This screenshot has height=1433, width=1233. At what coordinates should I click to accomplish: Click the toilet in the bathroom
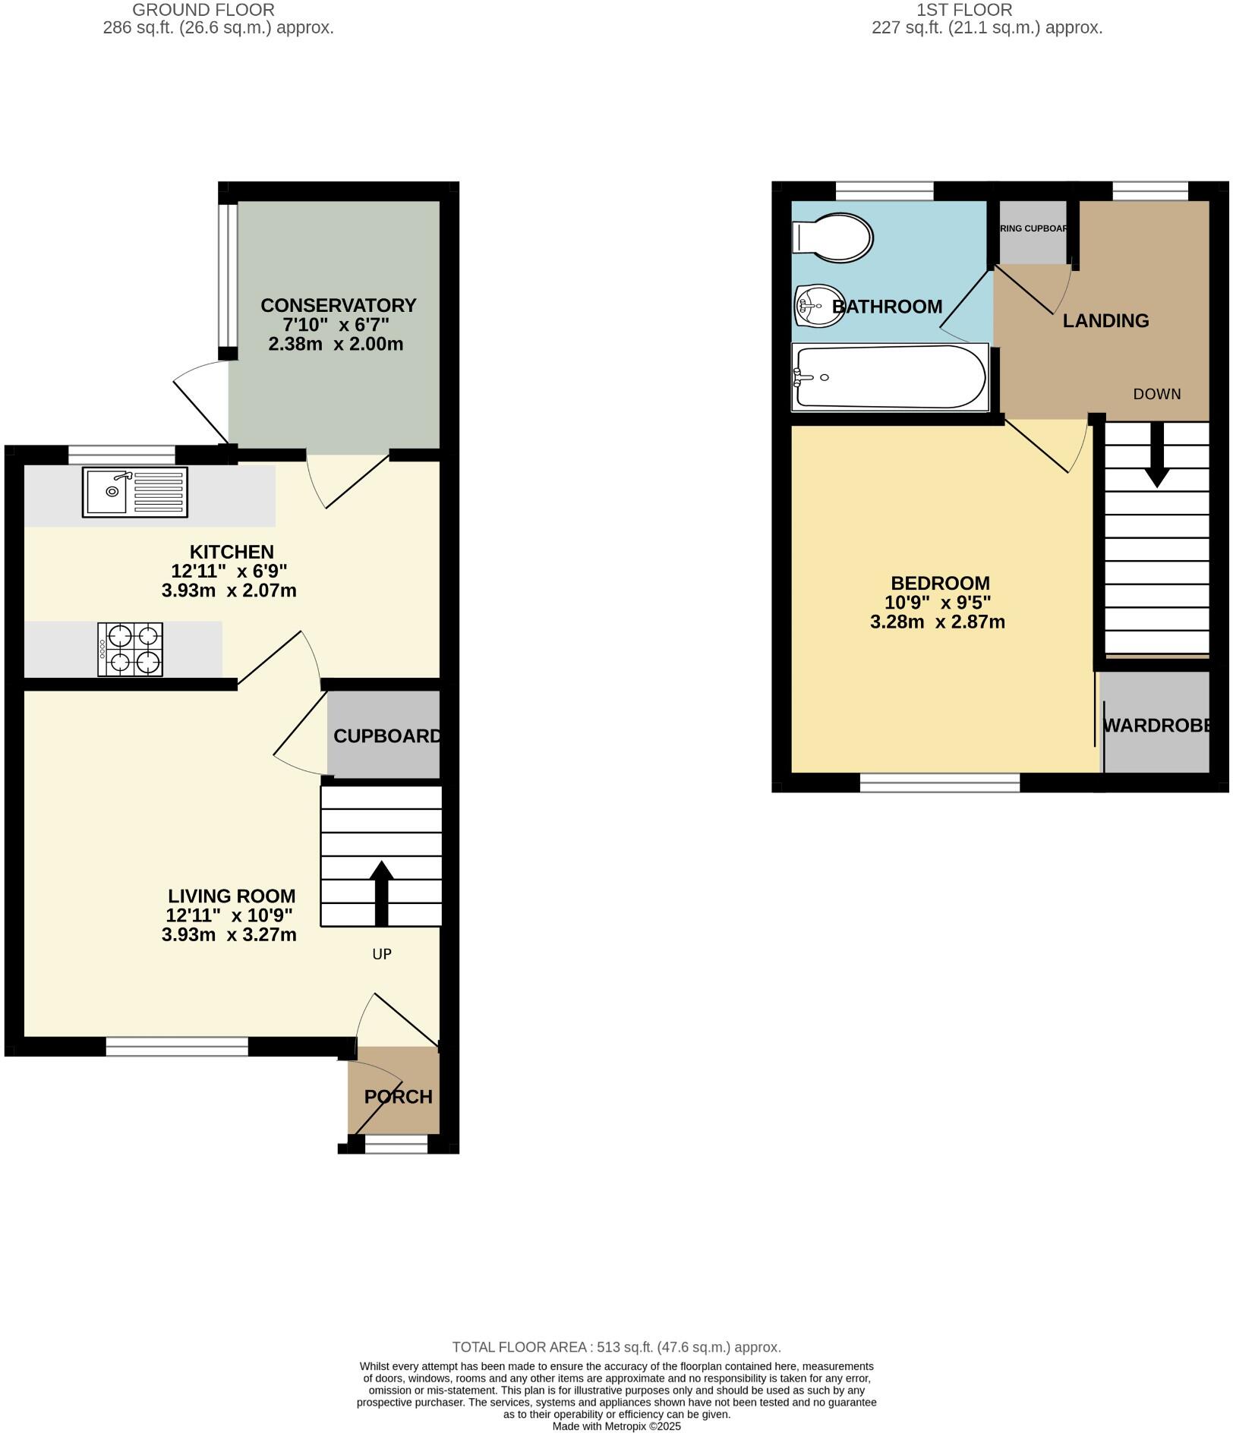[832, 238]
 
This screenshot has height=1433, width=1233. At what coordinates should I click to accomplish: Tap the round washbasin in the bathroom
[819, 306]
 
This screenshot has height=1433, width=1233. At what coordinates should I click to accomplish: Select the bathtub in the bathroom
[890, 377]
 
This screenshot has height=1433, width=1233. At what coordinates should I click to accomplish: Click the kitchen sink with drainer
[135, 493]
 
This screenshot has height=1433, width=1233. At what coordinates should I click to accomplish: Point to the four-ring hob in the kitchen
[131, 650]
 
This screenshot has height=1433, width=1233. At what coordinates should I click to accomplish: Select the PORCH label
[398, 1097]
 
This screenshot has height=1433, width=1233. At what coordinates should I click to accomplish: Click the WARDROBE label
[1156, 726]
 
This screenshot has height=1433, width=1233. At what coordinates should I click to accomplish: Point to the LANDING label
[1105, 321]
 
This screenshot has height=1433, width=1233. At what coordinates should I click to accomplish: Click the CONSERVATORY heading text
[338, 305]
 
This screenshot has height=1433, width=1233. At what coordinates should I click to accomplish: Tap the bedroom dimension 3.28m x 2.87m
[938, 622]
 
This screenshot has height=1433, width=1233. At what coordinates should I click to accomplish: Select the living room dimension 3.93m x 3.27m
[229, 935]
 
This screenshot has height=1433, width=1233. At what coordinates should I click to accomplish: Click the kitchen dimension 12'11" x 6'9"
[229, 571]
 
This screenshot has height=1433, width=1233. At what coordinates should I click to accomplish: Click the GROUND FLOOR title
[203, 10]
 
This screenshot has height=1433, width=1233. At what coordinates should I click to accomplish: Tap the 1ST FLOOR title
[964, 10]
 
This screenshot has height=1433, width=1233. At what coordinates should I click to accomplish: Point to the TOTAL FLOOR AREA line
[616, 1347]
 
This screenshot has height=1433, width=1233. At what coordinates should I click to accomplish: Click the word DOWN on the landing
[1157, 394]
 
